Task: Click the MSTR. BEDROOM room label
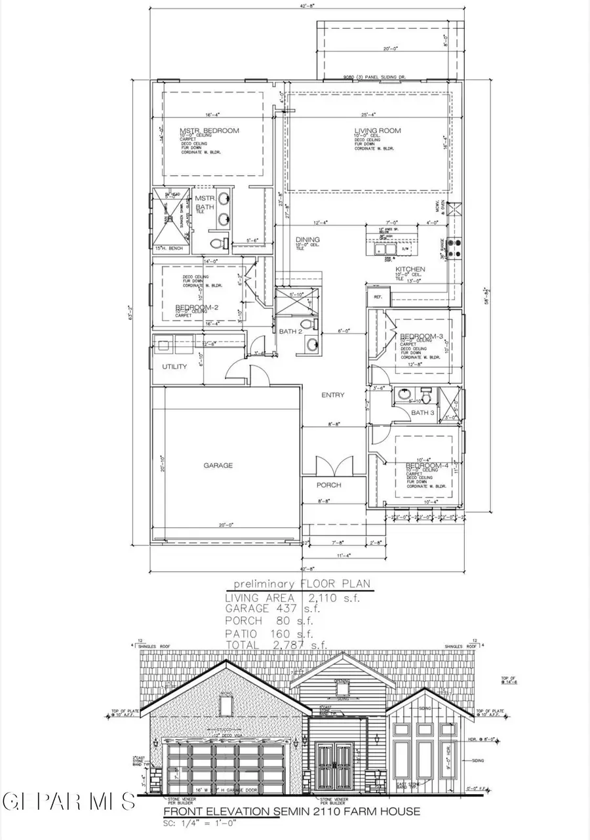(209, 130)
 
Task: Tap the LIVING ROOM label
(378, 130)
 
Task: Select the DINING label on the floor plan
(307, 240)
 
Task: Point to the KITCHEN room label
(410, 270)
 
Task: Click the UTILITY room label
(174, 367)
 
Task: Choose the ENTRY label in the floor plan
(333, 395)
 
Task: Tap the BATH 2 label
(289, 332)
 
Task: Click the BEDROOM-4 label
(427, 466)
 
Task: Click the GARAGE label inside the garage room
(218, 465)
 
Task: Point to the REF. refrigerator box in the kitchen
(378, 296)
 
